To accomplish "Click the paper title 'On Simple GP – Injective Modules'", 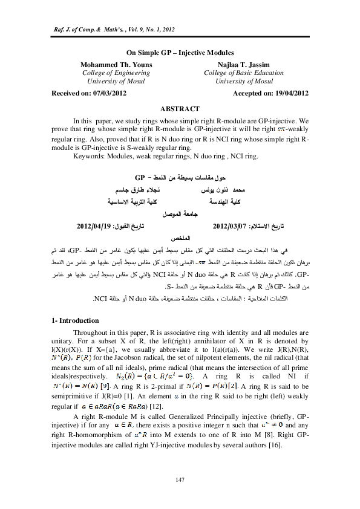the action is click(180, 53).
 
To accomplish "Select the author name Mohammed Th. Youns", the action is click(111, 64).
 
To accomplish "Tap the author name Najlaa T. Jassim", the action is click(244, 64).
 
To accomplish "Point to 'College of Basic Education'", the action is click(244, 73).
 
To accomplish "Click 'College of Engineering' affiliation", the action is click(111, 73).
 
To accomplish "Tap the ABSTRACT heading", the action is click(179, 108).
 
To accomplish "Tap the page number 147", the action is click(180, 479).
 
